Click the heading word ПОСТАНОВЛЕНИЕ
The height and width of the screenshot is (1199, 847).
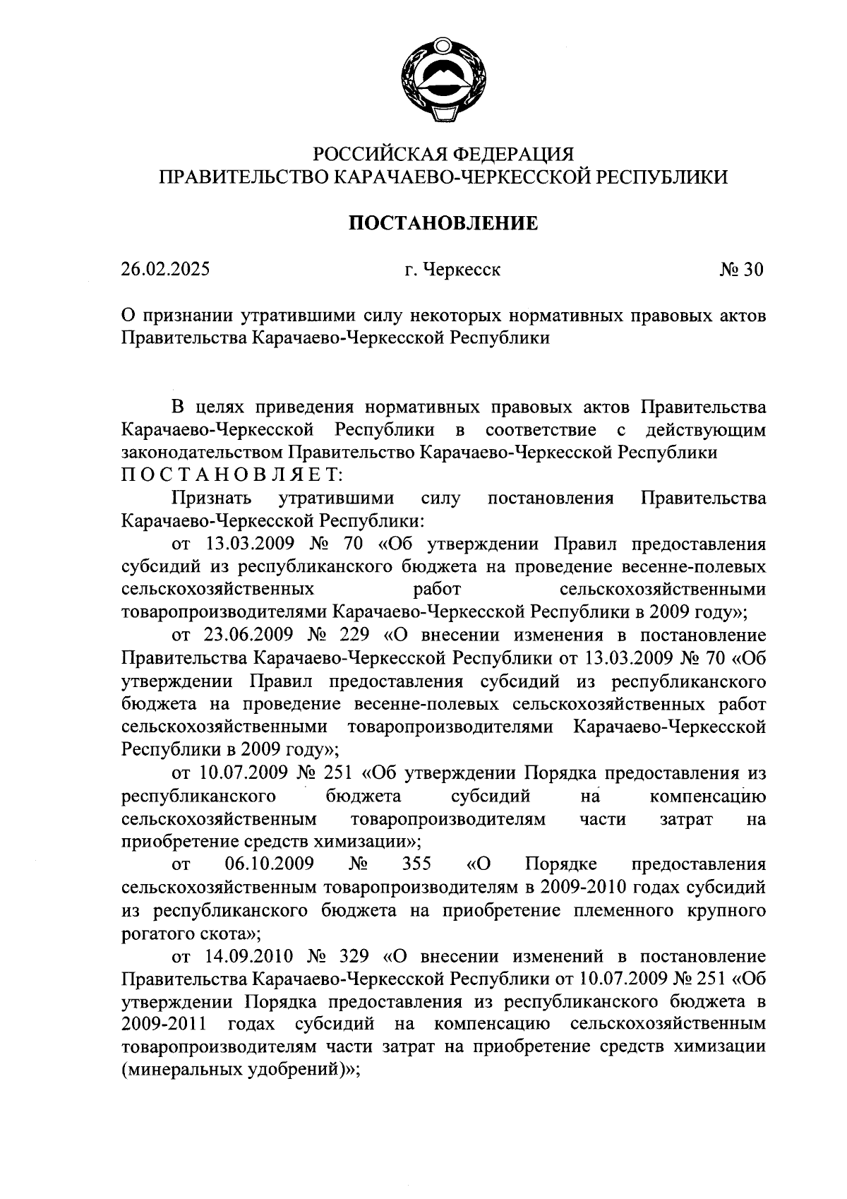pyautogui.click(x=443, y=224)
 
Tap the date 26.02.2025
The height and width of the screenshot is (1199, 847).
pyautogui.click(x=165, y=269)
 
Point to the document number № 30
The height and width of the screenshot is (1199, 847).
pyautogui.click(x=741, y=270)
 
